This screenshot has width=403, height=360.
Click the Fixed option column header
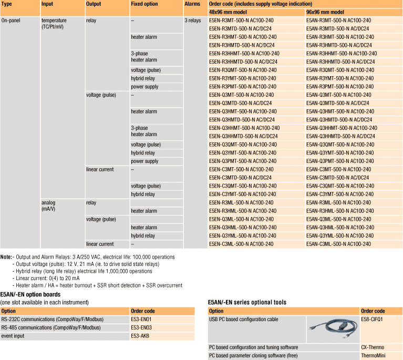coord(144,4)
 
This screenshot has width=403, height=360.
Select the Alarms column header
coord(192,4)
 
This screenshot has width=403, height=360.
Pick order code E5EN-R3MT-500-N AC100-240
coord(241,20)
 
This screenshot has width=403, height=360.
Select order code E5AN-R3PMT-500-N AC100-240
coord(339,87)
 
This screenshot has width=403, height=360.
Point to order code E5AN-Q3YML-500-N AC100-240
coord(339,235)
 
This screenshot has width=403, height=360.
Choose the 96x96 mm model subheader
coord(325,12)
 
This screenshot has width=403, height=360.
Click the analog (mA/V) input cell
coord(51,205)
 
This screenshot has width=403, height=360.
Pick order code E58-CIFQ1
coord(372,319)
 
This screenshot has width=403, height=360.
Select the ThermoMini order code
coord(373,355)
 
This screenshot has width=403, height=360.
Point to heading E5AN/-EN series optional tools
coord(247,302)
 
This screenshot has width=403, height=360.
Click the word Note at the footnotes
coord(6,256)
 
